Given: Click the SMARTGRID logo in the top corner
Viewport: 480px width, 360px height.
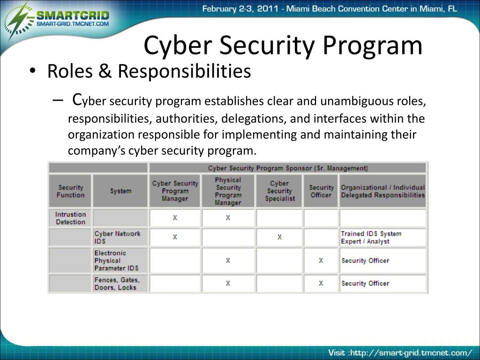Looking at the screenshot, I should tap(59, 19).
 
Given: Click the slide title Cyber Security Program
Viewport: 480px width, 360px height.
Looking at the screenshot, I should tap(283, 45).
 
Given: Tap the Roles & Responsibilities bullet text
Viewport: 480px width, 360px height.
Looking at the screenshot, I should tap(149, 72).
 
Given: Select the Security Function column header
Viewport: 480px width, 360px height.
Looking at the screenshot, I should tap(71, 191).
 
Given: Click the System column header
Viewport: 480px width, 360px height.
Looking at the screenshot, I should tap(120, 191).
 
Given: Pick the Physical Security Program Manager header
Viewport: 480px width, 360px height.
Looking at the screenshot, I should tap(228, 191).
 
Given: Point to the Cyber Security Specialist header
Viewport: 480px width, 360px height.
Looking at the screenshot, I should tap(279, 191).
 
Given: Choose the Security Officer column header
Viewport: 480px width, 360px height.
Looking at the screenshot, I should tap(321, 191).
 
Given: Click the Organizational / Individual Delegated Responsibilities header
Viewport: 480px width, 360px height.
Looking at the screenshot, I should tap(382, 191).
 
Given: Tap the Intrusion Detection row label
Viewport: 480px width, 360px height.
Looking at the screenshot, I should tap(71, 218).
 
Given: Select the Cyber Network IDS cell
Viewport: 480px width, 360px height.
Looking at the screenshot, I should tap(117, 237).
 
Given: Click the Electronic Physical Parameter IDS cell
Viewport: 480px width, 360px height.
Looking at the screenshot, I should tap(116, 261).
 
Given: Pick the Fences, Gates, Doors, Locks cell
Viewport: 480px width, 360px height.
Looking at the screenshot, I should tap(117, 283).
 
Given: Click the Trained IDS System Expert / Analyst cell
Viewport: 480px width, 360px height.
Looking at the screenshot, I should tap(371, 237).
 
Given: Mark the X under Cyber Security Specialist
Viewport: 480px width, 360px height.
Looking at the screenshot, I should tap(279, 237).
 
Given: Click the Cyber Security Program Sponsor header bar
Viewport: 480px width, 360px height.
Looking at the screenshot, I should tap(287, 168).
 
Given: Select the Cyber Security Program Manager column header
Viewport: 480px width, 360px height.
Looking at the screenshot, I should tap(175, 191).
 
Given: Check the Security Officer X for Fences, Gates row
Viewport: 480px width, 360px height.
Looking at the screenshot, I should tap(321, 283).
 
